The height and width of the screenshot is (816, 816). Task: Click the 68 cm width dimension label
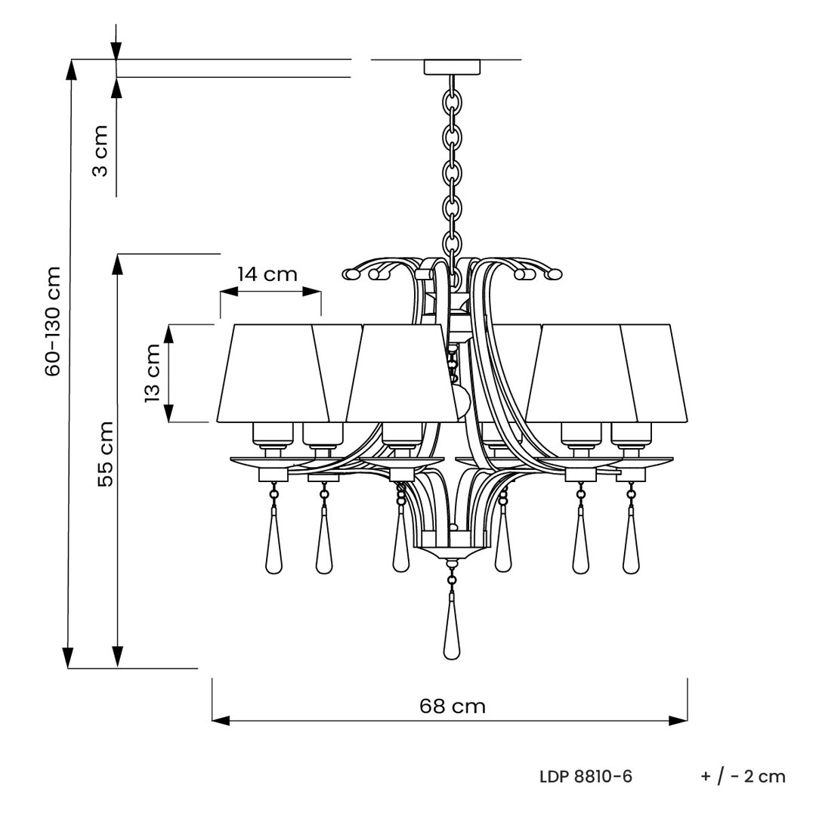[x=453, y=706]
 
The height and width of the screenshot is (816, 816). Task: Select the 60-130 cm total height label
[x=53, y=321]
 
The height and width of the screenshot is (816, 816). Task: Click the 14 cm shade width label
[x=267, y=274]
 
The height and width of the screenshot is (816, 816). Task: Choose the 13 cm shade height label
[x=153, y=372]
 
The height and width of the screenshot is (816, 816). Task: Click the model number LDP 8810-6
[x=586, y=777]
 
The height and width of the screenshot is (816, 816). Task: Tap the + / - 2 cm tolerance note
[x=743, y=777]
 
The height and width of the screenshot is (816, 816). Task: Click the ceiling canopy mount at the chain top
[x=452, y=67]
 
